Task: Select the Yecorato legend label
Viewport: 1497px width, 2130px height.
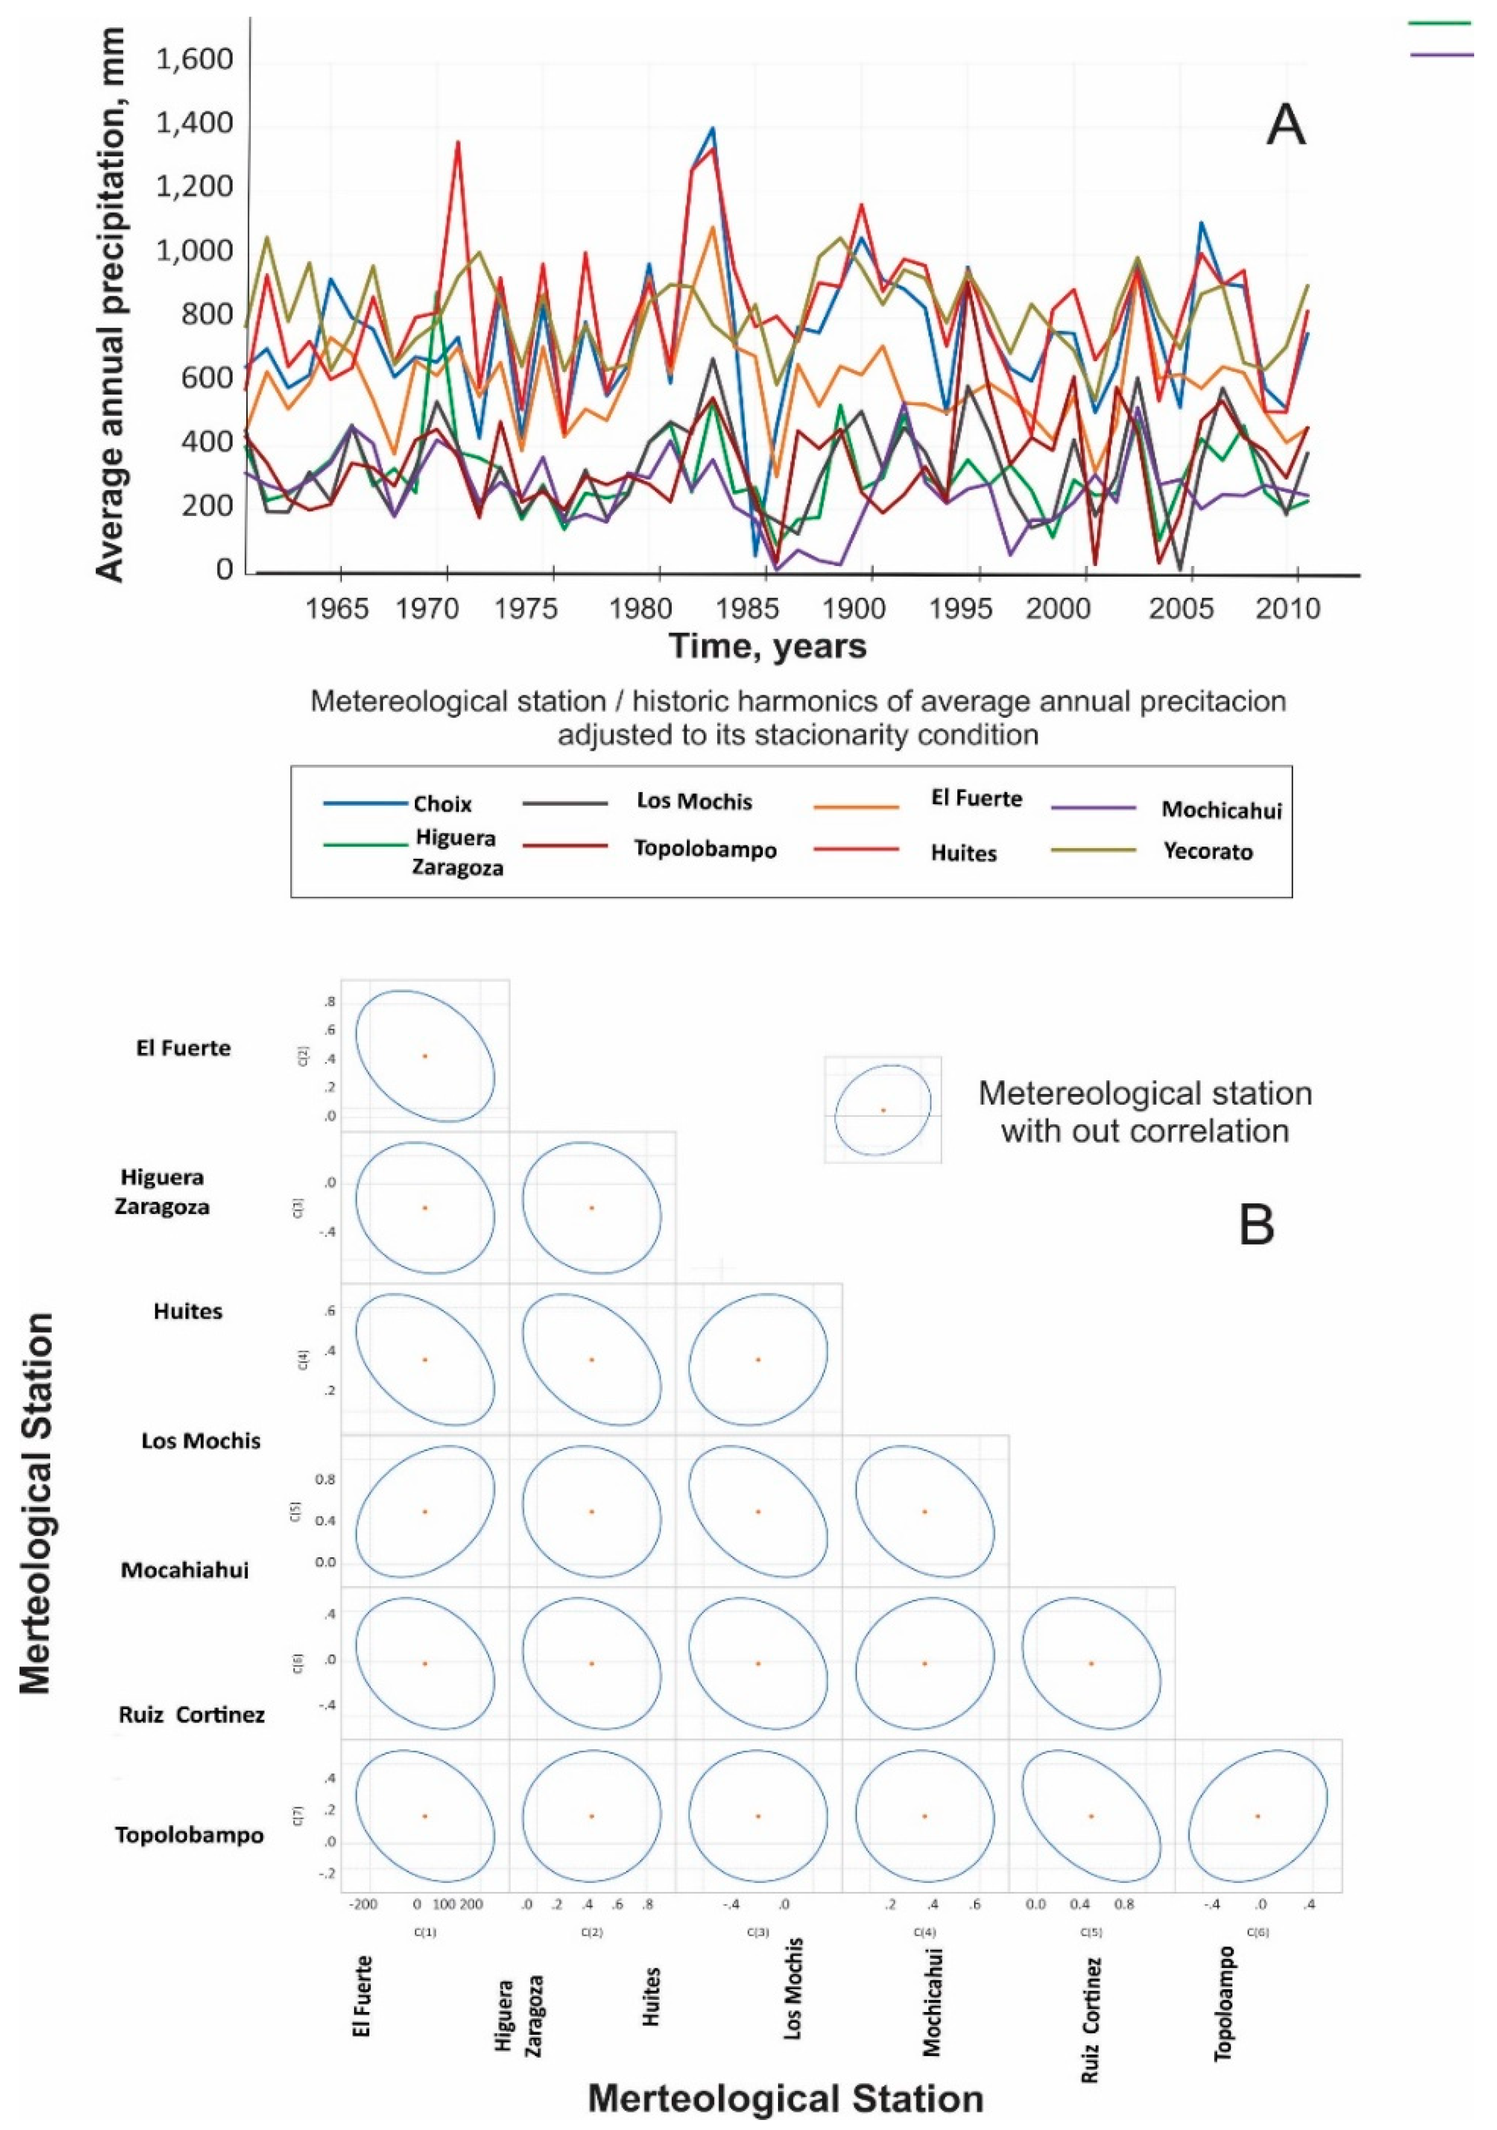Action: tap(1207, 852)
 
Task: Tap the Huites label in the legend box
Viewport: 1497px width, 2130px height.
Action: tap(963, 853)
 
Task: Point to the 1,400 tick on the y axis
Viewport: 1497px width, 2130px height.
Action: tap(195, 124)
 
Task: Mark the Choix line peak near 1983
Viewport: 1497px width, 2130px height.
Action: tap(712, 128)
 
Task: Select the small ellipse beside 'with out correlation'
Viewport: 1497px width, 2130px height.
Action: tap(883, 1110)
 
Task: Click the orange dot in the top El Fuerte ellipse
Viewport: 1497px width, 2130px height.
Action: tap(424, 1056)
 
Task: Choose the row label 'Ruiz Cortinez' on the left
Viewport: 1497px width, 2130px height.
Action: tap(191, 1714)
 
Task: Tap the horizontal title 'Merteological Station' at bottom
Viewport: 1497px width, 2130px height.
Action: tap(785, 2098)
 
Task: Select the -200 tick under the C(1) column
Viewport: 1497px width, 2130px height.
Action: tap(363, 1905)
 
